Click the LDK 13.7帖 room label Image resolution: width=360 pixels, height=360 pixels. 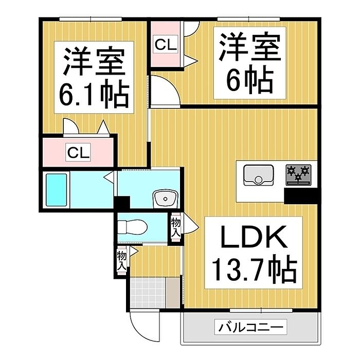pos(252,253)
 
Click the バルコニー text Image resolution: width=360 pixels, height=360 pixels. pos(250,327)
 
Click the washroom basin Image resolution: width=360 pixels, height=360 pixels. pos(166,197)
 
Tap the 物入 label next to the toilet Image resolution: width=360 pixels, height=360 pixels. pos(176,226)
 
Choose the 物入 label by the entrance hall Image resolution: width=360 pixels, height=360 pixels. pos(122,261)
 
